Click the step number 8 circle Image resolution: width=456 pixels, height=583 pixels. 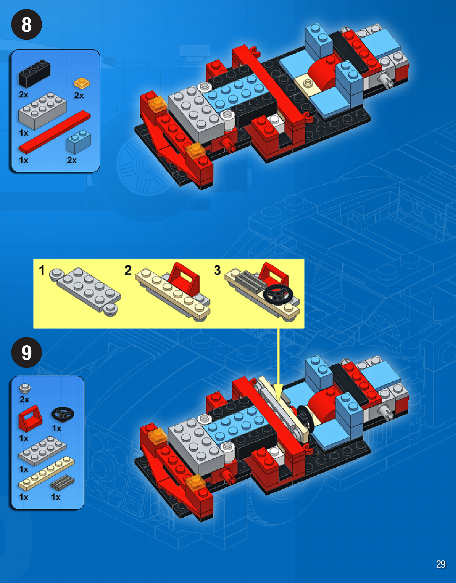click(27, 25)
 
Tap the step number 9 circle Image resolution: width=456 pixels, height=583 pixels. click(27, 352)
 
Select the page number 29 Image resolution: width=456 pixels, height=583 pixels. click(441, 564)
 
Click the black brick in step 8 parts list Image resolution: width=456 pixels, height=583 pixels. click(35, 73)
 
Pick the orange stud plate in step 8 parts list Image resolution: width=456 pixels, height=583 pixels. click(82, 83)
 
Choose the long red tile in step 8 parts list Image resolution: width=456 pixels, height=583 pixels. click(55, 132)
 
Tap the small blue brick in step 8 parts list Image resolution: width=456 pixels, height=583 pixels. click(79, 142)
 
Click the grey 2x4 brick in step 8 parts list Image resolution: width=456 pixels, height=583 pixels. click(42, 110)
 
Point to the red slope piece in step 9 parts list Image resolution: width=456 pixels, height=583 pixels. click(30, 418)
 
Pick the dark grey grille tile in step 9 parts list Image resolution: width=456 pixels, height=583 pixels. click(63, 482)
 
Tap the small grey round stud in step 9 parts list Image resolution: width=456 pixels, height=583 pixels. click(25, 388)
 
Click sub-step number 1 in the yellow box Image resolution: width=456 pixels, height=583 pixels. click(42, 270)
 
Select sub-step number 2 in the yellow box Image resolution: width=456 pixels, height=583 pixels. click(128, 270)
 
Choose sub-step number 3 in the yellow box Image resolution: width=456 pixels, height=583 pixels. click(217, 270)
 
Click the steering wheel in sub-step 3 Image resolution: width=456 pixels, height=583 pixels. click(278, 294)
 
